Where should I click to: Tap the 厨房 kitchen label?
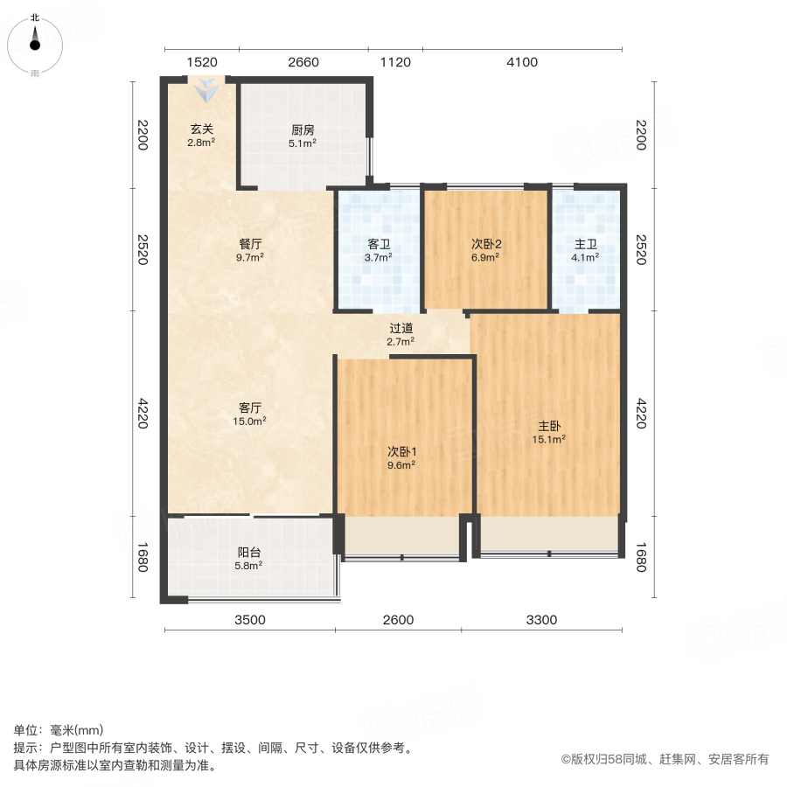[303, 130]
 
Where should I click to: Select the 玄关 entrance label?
[202, 130]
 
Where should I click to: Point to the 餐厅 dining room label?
[250, 244]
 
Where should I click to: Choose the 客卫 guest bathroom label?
[379, 245]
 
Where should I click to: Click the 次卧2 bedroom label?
[485, 245]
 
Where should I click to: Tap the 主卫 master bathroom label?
[585, 245]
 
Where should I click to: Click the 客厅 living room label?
[250, 407]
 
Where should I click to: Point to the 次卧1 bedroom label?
[402, 452]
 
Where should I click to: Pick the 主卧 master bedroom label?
[548, 426]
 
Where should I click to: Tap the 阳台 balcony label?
[249, 553]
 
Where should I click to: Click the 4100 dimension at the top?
[521, 62]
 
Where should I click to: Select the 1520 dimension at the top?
[201, 62]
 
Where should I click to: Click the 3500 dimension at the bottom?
[249, 620]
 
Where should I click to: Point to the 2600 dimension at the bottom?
[398, 620]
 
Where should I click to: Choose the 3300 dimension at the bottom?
[541, 620]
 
